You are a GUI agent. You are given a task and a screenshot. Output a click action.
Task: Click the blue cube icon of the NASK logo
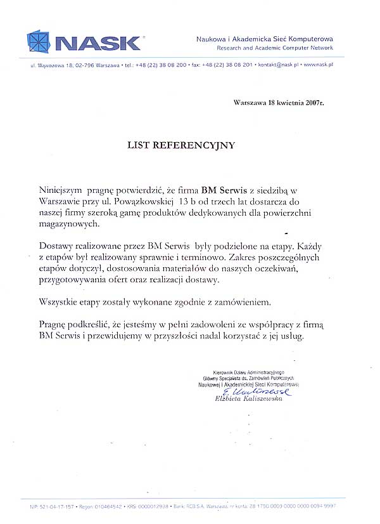point(41,41)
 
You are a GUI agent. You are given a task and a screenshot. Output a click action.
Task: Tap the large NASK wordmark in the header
point(98,43)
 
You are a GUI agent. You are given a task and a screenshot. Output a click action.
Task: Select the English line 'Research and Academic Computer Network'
point(274,48)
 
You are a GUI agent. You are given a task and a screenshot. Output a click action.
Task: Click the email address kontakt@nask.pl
point(279,65)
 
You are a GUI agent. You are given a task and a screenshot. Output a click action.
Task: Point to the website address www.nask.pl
point(319,65)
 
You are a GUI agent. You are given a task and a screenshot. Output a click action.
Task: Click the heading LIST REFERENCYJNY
point(181,145)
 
